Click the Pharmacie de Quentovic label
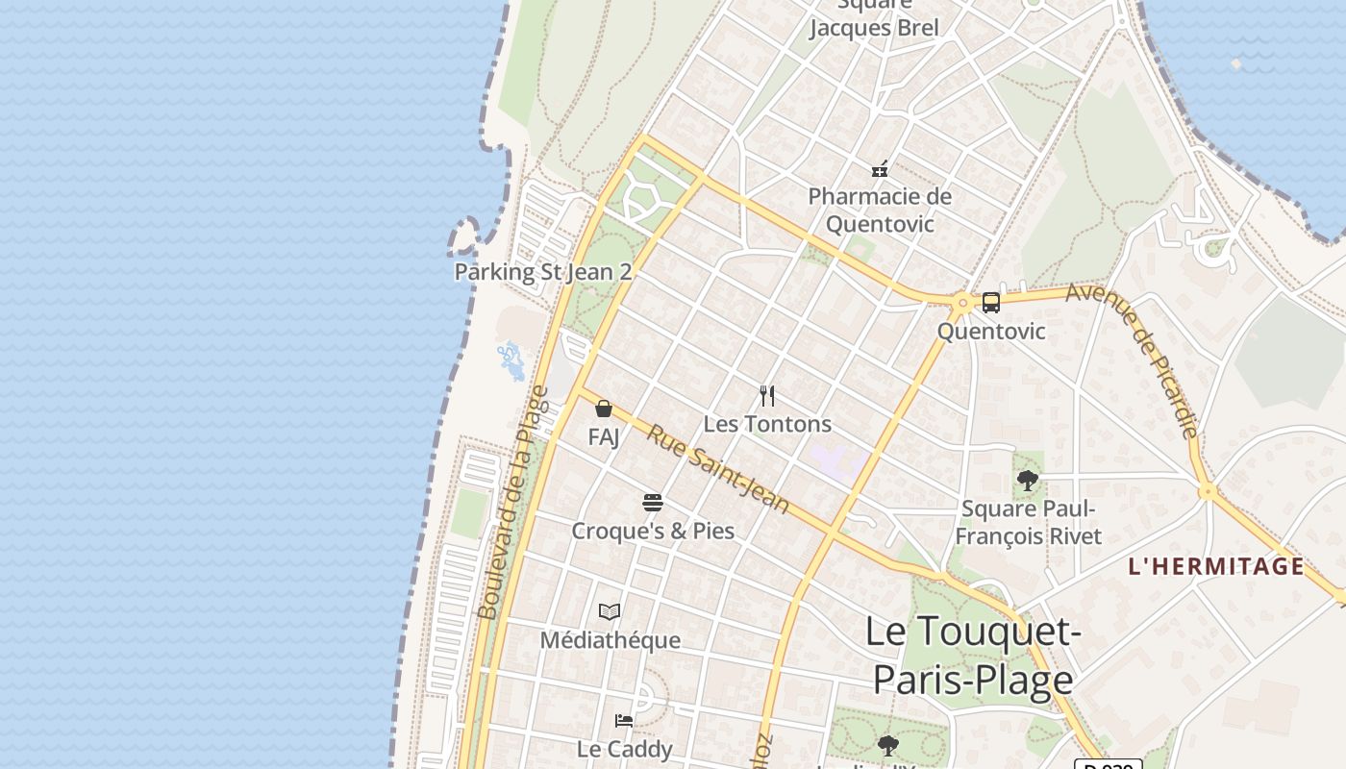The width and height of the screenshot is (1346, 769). pos(879,211)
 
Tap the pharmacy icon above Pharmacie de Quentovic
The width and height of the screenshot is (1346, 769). pos(879,170)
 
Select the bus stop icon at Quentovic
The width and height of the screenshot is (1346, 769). pos(990,303)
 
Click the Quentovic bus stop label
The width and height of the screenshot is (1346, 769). pos(990,332)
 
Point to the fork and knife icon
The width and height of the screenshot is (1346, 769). pos(767,395)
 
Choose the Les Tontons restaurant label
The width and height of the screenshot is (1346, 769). pos(767,424)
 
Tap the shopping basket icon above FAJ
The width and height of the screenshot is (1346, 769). pos(604,409)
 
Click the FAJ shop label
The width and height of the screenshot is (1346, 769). pos(604,437)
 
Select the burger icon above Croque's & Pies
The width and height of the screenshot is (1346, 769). pos(653,502)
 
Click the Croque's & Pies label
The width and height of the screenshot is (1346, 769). pos(653,531)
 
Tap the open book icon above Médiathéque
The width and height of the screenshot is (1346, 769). pos(610,611)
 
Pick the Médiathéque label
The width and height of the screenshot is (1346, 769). pos(610,640)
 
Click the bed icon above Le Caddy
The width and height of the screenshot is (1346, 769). pos(624,720)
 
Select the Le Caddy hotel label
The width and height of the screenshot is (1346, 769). pos(624,749)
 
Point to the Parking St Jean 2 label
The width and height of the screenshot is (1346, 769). pos(542,272)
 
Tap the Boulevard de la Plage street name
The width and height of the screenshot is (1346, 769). pos(513,503)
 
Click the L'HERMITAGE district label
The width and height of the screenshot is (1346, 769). pos(1216,566)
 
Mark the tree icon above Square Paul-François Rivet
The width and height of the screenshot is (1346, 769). pos(1028,480)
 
